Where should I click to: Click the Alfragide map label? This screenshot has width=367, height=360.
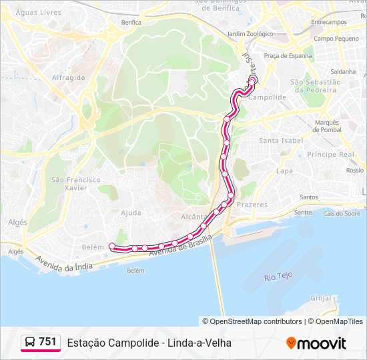click(x=68, y=77)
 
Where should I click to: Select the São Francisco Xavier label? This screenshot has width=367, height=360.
click(x=76, y=183)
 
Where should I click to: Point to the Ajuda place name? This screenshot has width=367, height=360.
click(x=131, y=213)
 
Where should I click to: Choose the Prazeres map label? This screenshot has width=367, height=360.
click(x=252, y=205)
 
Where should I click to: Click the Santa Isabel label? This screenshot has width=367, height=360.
click(x=281, y=141)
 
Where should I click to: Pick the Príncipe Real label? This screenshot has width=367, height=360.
click(x=330, y=154)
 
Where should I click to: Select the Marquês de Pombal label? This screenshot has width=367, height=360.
click(x=327, y=125)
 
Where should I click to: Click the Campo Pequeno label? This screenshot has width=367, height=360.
click(x=337, y=39)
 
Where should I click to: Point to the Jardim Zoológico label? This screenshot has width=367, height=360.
click(x=250, y=33)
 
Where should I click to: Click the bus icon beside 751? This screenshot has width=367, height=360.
click(x=30, y=342)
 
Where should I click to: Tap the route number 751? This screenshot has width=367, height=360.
click(x=47, y=342)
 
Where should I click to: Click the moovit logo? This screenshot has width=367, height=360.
click(x=316, y=343)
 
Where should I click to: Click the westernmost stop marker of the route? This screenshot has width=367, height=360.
click(x=111, y=246)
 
